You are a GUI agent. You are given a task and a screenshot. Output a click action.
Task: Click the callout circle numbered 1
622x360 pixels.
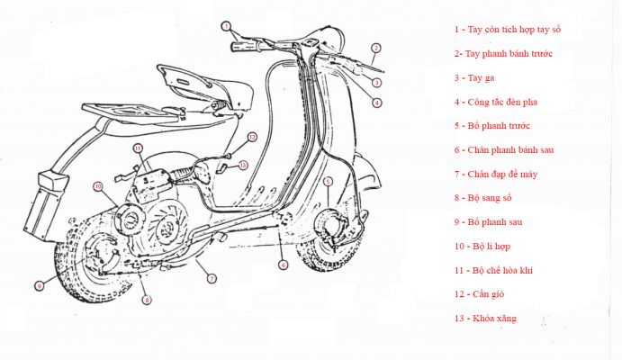226,25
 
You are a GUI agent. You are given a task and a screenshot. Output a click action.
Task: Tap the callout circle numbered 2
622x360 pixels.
376,48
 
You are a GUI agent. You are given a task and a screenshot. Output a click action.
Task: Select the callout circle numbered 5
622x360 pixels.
329,182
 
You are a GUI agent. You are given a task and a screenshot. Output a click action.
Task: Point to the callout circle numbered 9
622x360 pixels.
40,286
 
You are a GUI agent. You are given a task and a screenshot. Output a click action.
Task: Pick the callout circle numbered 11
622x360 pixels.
138,147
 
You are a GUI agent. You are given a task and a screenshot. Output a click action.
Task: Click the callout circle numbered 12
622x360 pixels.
252,138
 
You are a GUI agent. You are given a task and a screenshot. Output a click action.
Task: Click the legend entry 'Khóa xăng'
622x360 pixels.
486,319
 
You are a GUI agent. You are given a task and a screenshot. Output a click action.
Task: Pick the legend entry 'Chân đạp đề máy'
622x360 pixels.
496,174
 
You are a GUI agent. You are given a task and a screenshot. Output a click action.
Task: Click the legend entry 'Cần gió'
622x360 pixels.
485,294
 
